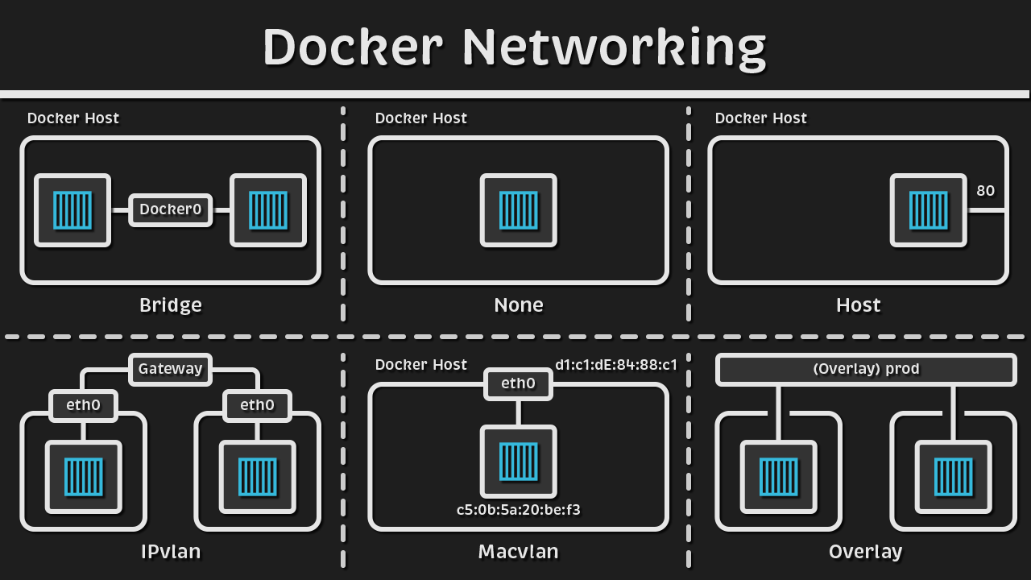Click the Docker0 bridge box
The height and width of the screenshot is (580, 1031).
(x=170, y=210)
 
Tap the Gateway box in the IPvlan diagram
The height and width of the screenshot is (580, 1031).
(x=170, y=369)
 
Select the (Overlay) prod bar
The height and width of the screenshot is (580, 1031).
(x=866, y=369)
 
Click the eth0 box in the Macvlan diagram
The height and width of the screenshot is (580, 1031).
(x=518, y=383)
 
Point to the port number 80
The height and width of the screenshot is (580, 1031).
(x=985, y=191)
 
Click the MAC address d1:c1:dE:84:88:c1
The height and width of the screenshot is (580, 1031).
(x=615, y=364)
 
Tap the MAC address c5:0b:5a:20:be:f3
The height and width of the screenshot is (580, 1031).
(x=518, y=509)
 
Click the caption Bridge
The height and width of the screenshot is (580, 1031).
(x=170, y=305)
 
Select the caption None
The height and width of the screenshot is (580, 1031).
(x=518, y=305)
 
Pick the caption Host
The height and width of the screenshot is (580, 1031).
(x=858, y=305)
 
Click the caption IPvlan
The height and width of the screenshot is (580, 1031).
(x=170, y=552)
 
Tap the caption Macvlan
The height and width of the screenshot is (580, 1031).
(x=518, y=552)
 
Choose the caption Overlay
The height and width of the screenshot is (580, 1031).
(x=865, y=552)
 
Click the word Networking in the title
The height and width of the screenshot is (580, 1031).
(x=614, y=48)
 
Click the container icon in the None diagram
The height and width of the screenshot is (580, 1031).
(x=518, y=210)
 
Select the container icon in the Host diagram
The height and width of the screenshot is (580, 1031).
(x=928, y=210)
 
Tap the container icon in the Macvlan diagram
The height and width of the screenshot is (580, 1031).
(x=518, y=461)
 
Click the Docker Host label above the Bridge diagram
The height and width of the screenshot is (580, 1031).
(x=73, y=118)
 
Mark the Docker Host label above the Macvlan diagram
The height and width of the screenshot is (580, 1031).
(x=421, y=365)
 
